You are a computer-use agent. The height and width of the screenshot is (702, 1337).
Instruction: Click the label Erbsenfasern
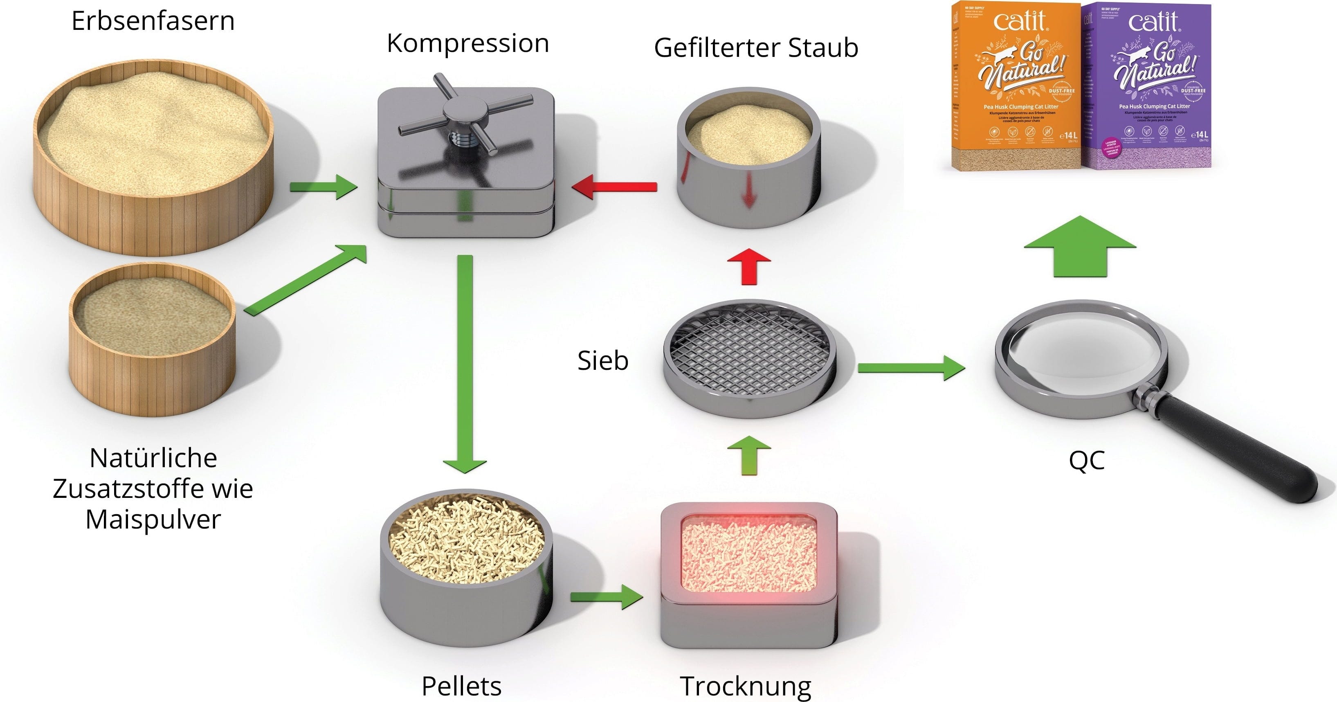click(153, 21)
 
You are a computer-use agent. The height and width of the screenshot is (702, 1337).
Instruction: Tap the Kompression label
click(467, 43)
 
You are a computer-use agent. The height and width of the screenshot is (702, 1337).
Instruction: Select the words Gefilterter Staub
click(756, 48)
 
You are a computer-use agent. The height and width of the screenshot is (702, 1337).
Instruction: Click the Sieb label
click(602, 360)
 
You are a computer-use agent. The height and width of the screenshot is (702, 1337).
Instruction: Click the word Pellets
click(461, 686)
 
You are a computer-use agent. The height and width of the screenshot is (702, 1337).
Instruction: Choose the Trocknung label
click(745, 686)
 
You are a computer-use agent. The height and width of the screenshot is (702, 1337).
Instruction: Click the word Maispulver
click(153, 519)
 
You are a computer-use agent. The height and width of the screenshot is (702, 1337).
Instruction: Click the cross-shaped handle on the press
click(465, 112)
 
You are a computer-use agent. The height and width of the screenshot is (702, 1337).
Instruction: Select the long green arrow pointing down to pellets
click(465, 363)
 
